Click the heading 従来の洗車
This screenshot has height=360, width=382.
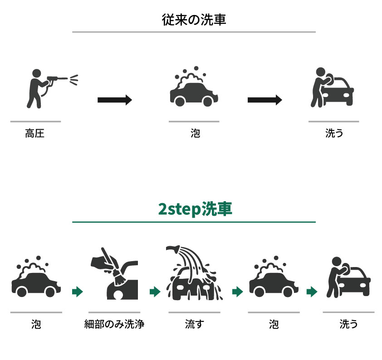click(x=194, y=19)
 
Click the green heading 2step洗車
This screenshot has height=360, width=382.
click(x=195, y=209)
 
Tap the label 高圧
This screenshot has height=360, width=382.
click(x=35, y=133)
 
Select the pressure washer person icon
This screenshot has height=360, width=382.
click(x=52, y=88)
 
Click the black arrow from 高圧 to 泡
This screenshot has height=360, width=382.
click(x=115, y=100)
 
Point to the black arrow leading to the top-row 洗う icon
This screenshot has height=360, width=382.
click(x=265, y=100)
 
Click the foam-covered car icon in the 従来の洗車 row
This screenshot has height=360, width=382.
click(x=194, y=87)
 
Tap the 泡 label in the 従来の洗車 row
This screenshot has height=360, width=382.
click(x=196, y=133)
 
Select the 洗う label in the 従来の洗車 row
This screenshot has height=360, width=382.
click(x=334, y=133)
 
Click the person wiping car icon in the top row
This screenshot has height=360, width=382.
click(x=332, y=87)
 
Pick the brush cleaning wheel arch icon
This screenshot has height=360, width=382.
click(x=114, y=273)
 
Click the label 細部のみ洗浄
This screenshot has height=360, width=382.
click(x=114, y=324)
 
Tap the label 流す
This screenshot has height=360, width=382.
click(x=195, y=324)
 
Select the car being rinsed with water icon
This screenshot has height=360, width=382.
click(x=194, y=272)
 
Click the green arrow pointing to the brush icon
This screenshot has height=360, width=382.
click(x=78, y=292)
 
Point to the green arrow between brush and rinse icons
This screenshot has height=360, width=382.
click(x=155, y=292)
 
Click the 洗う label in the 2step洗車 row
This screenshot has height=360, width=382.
click(x=348, y=324)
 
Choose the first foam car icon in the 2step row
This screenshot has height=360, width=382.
click(x=36, y=277)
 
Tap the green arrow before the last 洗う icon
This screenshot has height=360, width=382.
click(x=312, y=292)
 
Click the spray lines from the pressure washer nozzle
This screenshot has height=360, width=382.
click(x=74, y=80)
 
